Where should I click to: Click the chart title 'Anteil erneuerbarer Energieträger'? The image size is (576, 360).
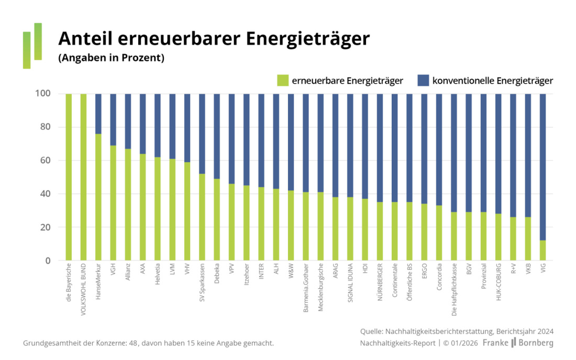(x=214, y=39)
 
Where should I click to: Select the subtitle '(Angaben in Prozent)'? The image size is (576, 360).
(x=111, y=58)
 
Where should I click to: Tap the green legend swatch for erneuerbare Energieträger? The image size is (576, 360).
(x=283, y=80)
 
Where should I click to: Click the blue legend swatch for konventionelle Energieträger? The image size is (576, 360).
(x=423, y=80)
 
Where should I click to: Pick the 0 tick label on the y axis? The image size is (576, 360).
(x=47, y=261)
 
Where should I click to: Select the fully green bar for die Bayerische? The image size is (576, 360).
(x=69, y=177)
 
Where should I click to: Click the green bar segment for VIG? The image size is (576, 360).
(x=543, y=250)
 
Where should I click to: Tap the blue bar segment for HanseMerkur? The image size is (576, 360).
(x=98, y=114)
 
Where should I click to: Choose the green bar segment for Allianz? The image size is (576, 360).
(x=128, y=205)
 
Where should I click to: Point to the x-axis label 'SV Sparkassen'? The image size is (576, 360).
(x=202, y=286)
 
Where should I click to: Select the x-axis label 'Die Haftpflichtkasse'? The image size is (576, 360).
(x=454, y=291)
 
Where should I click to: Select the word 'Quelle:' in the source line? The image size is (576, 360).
(x=373, y=331)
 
